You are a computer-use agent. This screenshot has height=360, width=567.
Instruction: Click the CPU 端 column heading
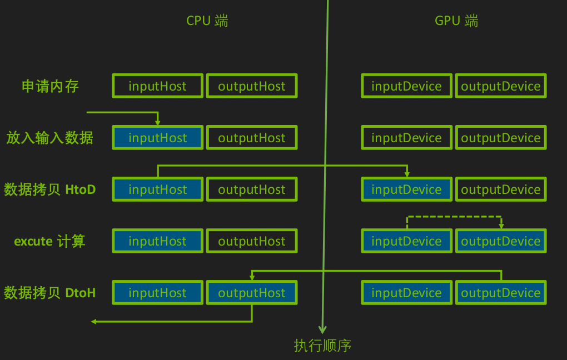(x=207, y=21)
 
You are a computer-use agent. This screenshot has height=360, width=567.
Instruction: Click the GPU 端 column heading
(x=456, y=21)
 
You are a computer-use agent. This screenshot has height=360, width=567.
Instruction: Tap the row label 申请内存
(x=50, y=86)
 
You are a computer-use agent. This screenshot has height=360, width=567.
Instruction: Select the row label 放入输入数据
(x=49, y=138)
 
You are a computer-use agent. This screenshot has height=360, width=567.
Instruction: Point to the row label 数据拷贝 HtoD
(x=49, y=189)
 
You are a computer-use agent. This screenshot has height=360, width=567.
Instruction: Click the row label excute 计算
(x=49, y=241)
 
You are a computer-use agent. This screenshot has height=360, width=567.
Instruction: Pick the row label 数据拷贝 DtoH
(x=49, y=293)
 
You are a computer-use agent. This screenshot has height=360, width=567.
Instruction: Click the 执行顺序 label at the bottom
(x=322, y=346)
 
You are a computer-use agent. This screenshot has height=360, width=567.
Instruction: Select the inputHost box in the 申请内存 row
(x=158, y=86)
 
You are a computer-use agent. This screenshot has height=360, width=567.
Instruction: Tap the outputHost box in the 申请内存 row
(x=252, y=86)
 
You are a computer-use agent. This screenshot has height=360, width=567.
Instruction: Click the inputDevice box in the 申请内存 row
(x=406, y=86)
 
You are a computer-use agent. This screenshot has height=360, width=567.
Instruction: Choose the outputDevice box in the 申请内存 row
(x=501, y=86)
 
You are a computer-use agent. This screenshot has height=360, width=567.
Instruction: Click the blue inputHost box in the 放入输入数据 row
(x=158, y=138)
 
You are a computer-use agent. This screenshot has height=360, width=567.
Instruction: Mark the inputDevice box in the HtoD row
(x=406, y=189)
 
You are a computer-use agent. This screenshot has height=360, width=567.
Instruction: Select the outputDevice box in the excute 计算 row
(x=501, y=241)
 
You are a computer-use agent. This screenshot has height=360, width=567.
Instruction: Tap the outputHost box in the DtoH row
(x=252, y=293)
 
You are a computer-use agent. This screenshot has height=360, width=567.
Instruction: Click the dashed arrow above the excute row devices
(x=454, y=217)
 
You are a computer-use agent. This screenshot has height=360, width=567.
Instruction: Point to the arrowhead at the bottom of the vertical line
(x=322, y=329)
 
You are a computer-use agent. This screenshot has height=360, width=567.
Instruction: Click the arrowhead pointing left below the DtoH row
(x=94, y=322)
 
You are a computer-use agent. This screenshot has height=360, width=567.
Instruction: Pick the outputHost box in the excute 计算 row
(x=252, y=241)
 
